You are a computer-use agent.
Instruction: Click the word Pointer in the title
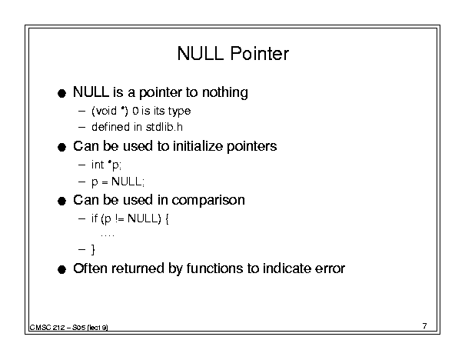tap(259, 53)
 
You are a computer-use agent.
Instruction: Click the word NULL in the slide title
tap(200, 53)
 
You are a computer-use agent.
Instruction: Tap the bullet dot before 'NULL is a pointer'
tap(61, 94)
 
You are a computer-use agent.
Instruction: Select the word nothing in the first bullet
tap(224, 92)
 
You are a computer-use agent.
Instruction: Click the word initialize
tap(198, 146)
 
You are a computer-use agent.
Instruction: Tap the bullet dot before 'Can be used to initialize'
tap(61, 147)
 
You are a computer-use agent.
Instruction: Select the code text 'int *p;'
tap(107, 165)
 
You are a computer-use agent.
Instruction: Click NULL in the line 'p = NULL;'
tap(127, 182)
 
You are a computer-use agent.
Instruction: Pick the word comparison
tap(208, 200)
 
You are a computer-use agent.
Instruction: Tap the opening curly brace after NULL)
tap(167, 219)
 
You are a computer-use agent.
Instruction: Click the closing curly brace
tap(93, 249)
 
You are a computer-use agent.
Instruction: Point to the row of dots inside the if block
tap(108, 236)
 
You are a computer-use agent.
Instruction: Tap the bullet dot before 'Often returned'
tap(61, 270)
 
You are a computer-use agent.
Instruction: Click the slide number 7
tap(425, 326)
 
